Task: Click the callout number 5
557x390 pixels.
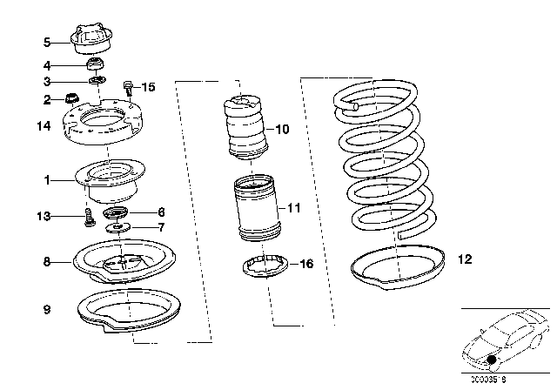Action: pos(47,41)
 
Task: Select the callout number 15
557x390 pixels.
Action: pos(148,87)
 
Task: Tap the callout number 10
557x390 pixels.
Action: pos(281,129)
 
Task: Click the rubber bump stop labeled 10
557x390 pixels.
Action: pos(244,128)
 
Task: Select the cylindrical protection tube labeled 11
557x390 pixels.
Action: pos(255,209)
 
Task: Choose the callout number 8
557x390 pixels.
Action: pos(47,259)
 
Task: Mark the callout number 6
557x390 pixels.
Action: pos(160,212)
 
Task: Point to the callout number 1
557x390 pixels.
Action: pos(47,181)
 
